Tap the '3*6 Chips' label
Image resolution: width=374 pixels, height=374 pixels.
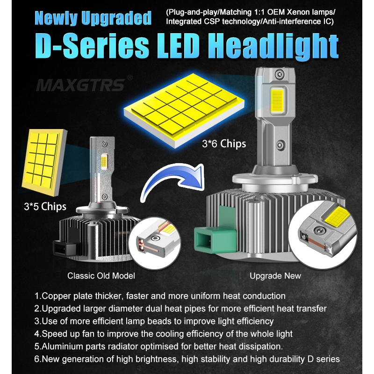224,144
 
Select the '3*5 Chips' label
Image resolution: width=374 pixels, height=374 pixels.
45,207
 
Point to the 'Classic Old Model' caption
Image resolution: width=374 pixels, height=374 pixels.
101,276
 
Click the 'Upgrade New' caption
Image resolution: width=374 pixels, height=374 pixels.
275,276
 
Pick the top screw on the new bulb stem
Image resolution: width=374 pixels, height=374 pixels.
280,74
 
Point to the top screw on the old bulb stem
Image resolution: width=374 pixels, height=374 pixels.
104,144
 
